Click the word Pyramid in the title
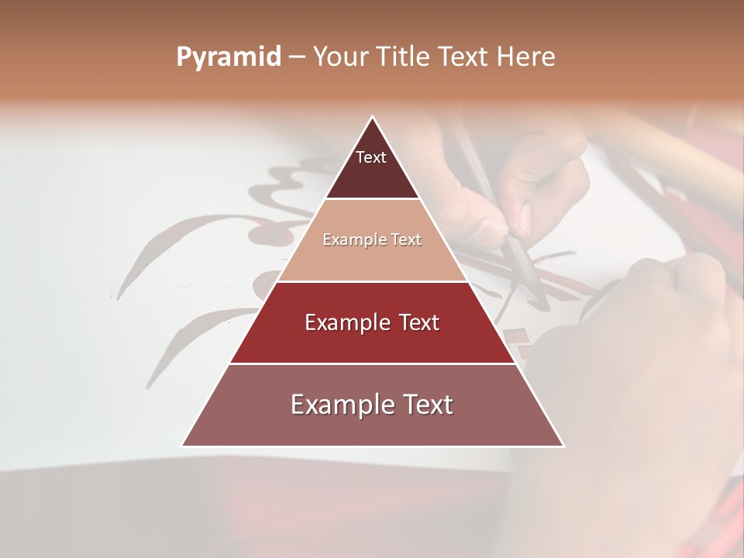point(229,57)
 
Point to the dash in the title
point(297,57)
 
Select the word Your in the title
point(338,57)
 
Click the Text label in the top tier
point(371,157)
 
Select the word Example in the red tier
point(347,322)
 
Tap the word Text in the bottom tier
point(427,405)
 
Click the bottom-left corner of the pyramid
point(182,446)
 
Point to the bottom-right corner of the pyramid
point(563,446)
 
